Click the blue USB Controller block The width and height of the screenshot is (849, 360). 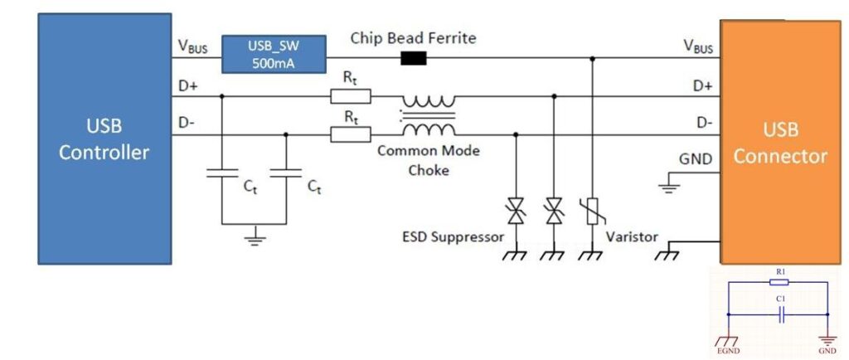pyautogui.click(x=104, y=139)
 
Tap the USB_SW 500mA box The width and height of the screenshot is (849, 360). pyautogui.click(x=268, y=53)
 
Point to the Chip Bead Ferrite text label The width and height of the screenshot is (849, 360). pyautogui.click(x=413, y=38)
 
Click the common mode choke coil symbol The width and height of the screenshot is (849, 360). pyautogui.click(x=429, y=115)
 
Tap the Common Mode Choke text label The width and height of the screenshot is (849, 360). pyautogui.click(x=428, y=160)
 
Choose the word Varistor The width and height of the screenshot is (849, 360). pyautogui.click(x=632, y=237)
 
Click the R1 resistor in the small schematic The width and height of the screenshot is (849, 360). pyautogui.click(x=778, y=282)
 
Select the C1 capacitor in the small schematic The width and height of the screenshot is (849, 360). pyautogui.click(x=778, y=315)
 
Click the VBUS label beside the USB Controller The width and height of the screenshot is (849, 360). pyautogui.click(x=192, y=47)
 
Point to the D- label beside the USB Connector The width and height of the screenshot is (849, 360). pyautogui.click(x=703, y=123)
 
